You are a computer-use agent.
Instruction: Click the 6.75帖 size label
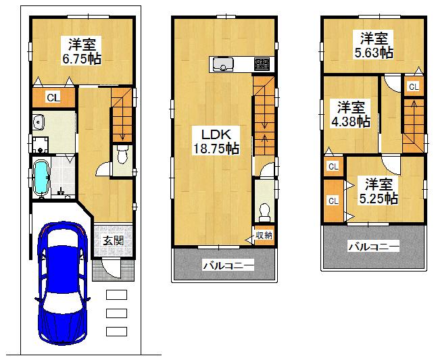(82, 59)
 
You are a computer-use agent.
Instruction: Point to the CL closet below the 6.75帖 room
(53, 97)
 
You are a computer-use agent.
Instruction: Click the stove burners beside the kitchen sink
(261, 65)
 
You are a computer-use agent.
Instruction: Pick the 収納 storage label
(264, 234)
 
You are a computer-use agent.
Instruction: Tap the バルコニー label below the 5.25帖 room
(373, 247)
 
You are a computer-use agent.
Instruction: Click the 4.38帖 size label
(350, 122)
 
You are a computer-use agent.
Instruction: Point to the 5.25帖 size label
(379, 199)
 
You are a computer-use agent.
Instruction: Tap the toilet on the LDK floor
(264, 211)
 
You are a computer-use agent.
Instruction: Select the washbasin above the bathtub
(39, 123)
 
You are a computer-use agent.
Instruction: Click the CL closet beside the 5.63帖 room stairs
(412, 86)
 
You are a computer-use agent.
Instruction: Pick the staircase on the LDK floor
(264, 115)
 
